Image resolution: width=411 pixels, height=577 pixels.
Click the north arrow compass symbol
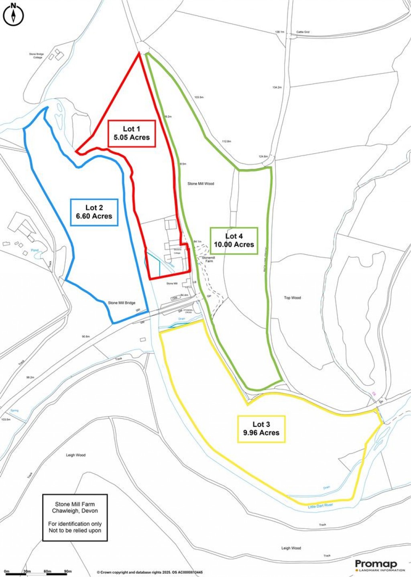(x=14, y=15)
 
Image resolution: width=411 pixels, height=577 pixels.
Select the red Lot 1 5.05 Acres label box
(x=131, y=133)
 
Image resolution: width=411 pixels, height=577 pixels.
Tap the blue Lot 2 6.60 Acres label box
(x=94, y=212)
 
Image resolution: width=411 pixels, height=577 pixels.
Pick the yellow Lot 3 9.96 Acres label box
(x=261, y=429)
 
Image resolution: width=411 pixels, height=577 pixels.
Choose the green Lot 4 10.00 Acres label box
(x=234, y=240)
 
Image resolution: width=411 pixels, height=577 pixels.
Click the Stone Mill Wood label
(x=201, y=184)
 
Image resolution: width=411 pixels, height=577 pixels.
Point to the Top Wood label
(x=292, y=298)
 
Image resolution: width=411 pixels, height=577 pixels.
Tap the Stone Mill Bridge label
(x=122, y=303)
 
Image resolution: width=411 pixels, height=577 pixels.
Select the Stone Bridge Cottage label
(x=36, y=56)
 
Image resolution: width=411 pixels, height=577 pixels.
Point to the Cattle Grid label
(x=303, y=32)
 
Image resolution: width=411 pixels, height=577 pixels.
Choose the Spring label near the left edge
(x=14, y=410)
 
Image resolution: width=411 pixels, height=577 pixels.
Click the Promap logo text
(x=376, y=564)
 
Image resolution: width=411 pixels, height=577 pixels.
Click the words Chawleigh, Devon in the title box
(x=75, y=511)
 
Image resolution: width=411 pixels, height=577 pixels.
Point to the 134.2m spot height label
(x=277, y=87)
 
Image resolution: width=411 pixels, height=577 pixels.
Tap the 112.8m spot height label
(x=226, y=141)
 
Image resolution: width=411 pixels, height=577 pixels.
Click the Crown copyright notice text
(x=150, y=572)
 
